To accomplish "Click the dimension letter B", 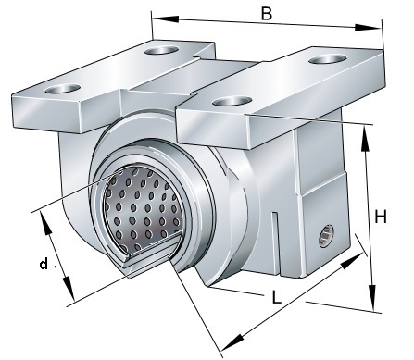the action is pyautogui.click(x=266, y=14).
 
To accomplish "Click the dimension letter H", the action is pyautogui.click(x=381, y=217).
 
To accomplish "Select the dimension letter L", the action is pyautogui.click(x=277, y=297).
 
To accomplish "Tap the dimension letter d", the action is pyautogui.click(x=44, y=264).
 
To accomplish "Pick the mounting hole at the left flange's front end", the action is pyautogui.click(x=63, y=89).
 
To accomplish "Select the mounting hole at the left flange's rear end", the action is pyautogui.click(x=161, y=50).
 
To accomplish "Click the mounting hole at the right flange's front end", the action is pyautogui.click(x=233, y=101).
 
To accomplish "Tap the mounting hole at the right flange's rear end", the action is pyautogui.click(x=328, y=58).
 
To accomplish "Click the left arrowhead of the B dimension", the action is pyautogui.click(x=166, y=19).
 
